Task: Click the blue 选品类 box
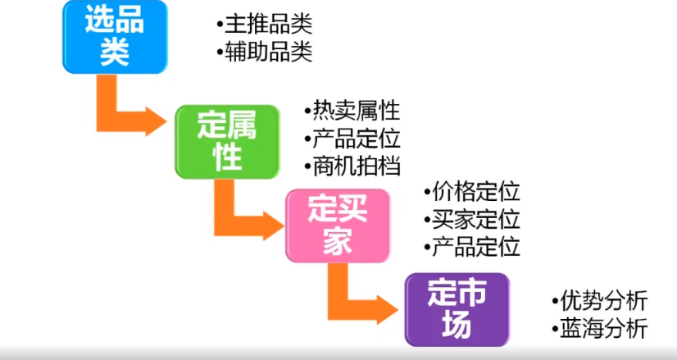pos(115,37)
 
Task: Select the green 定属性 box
pos(227,142)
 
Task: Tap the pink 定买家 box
pos(338,226)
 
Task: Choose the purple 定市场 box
pos(457,309)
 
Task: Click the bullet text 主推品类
pos(269,25)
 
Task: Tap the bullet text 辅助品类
pos(269,52)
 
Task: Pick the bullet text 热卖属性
pos(357,111)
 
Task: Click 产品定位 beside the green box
pos(357,139)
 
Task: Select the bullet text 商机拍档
pos(357,166)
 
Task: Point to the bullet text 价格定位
pos(476,192)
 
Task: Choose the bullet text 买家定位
pos(476,220)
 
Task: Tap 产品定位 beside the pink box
pos(476,247)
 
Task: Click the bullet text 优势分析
pos(604,301)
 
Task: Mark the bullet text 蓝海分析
pos(604,330)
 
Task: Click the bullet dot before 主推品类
pos(220,25)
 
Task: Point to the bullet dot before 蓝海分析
pos(555,330)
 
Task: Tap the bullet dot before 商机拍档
pos(308,167)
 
